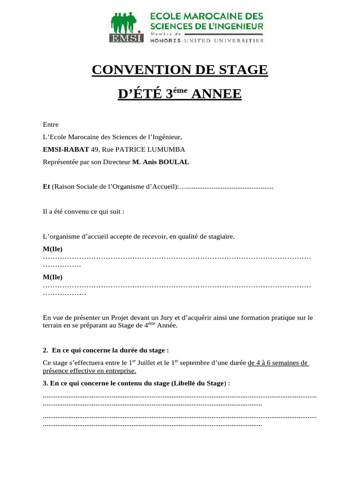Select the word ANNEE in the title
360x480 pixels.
tap(217, 95)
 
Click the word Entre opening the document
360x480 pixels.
tap(51, 125)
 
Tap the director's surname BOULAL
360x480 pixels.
tap(175, 162)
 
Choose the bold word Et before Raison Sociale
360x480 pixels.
tap(46, 187)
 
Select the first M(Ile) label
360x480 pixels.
tap(52, 248)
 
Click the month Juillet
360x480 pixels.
tap(146, 362)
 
